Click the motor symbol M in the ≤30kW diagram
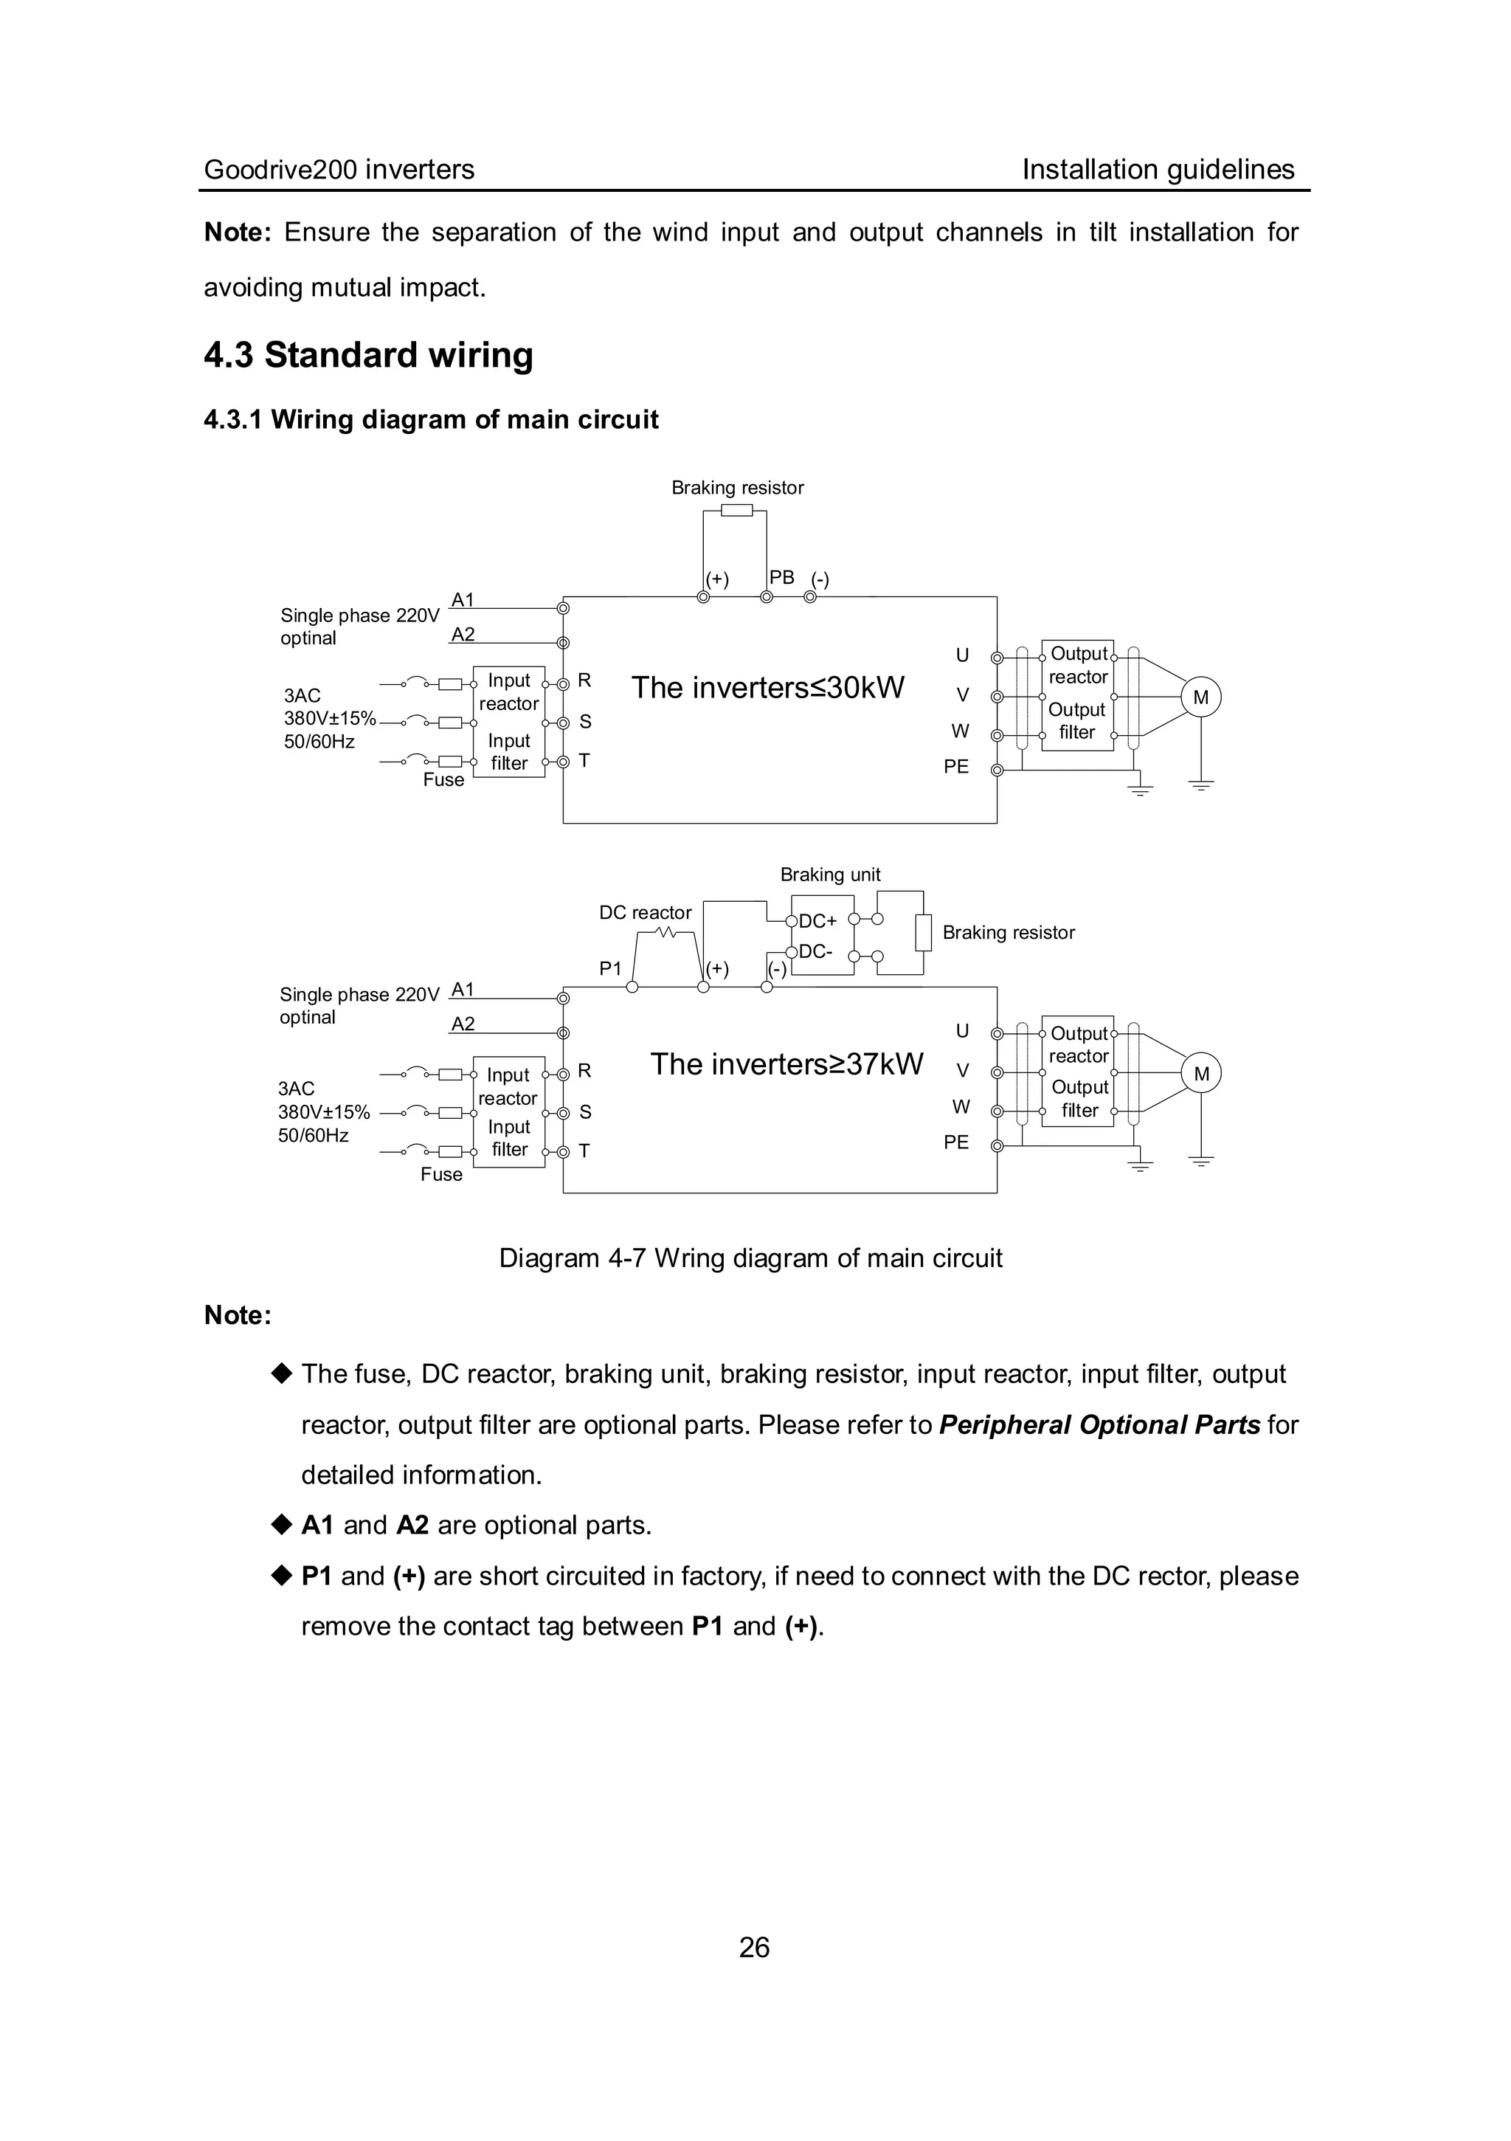click(x=1200, y=697)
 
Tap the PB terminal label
click(x=781, y=577)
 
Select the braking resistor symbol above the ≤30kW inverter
click(x=736, y=510)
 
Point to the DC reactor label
click(x=645, y=913)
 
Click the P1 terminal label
click(x=611, y=969)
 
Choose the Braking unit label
click(x=829, y=875)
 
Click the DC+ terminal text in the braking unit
click(x=817, y=921)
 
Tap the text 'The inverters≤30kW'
click(x=768, y=687)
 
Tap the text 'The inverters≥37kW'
click(x=786, y=1064)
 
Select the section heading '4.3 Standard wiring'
click(x=368, y=355)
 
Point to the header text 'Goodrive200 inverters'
click(x=339, y=170)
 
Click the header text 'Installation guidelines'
click(x=1158, y=170)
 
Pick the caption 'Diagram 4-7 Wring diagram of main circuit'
click(x=750, y=1258)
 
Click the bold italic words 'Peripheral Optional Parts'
click(x=1099, y=1425)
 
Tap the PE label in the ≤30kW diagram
click(x=956, y=767)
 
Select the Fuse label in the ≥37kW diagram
click(x=441, y=1174)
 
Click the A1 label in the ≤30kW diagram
click(x=463, y=599)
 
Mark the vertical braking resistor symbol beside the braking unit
click(x=923, y=933)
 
